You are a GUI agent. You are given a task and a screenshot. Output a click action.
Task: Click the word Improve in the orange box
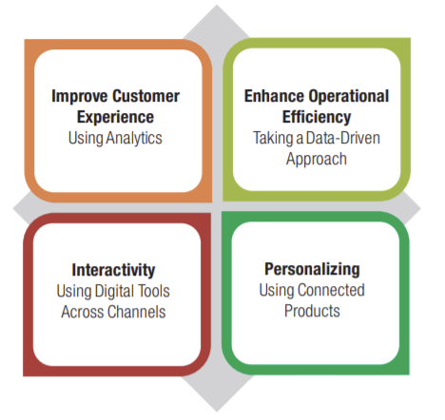click(79, 97)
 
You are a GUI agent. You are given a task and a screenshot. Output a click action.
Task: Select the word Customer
click(145, 96)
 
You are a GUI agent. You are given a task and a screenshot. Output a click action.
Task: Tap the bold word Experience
click(115, 118)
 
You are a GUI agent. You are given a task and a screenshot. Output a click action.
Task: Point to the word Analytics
click(134, 139)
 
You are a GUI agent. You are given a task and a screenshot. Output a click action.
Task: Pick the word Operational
click(349, 97)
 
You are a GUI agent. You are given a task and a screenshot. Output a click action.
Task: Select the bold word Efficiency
click(317, 118)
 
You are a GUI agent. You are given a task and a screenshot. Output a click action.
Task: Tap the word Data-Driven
click(343, 138)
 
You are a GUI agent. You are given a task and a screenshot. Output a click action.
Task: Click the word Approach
click(317, 160)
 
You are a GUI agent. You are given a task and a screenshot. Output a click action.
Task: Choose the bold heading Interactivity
click(113, 270)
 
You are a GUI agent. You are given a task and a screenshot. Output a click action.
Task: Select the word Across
click(82, 312)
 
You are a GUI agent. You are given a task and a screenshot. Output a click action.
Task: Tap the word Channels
click(137, 312)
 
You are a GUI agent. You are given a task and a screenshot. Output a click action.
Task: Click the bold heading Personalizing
click(312, 270)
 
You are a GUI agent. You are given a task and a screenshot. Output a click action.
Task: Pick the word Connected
click(331, 290)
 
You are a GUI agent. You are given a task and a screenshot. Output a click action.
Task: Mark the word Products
click(312, 311)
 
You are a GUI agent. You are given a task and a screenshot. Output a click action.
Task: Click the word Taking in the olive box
click(273, 139)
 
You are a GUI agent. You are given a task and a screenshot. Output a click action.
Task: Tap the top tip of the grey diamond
click(217, 5)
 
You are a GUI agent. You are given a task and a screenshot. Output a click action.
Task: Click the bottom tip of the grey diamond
click(217, 411)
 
